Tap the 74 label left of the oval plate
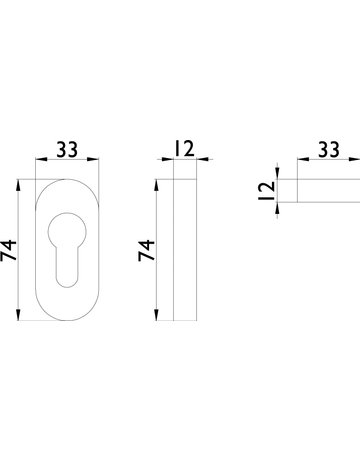(10, 250)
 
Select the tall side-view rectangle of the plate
(185, 251)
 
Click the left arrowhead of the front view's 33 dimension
(39, 162)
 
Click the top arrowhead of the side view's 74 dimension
(161, 184)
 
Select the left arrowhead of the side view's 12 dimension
(169, 162)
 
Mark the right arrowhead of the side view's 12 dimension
(195, 162)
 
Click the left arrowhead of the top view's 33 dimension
(297, 162)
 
